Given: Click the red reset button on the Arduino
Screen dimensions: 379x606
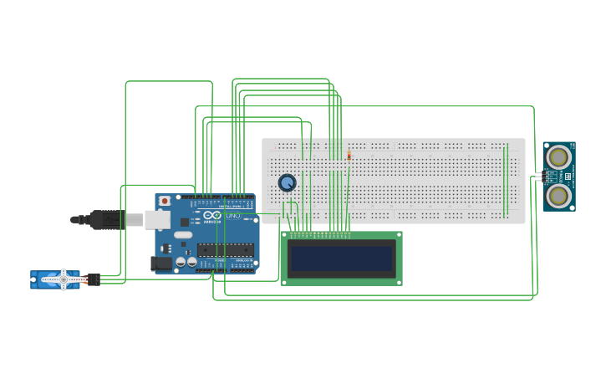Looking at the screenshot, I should (165, 201).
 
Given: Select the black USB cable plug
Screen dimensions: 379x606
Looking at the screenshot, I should (107, 220).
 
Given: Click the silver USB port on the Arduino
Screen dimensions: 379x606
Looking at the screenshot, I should (156, 220).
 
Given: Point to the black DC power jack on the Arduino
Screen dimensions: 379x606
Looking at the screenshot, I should (161, 263).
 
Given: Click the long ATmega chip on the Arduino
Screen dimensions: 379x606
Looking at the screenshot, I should (225, 249).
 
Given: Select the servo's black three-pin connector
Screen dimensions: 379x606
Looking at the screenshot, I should (93, 279).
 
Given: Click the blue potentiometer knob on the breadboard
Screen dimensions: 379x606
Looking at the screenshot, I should (287, 182).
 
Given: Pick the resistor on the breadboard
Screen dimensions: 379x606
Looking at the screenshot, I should (349, 155).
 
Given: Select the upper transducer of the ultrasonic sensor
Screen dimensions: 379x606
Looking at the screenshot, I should (558, 156).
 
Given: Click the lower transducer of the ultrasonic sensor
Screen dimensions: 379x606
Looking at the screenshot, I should (558, 196).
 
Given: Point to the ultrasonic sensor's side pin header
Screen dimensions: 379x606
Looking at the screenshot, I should (540, 177).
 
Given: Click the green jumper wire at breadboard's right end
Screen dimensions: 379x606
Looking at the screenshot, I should (505, 180).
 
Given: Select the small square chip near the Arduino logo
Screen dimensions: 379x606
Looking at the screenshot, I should (185, 222).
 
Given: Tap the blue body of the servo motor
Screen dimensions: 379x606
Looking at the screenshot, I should (46, 279).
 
